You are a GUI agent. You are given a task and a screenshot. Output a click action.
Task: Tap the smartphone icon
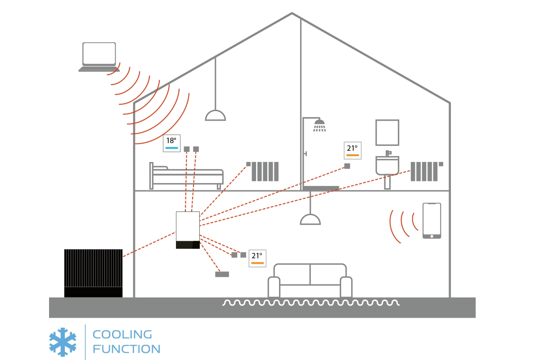[432, 220]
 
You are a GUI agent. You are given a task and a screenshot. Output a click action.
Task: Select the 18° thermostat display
[171, 143]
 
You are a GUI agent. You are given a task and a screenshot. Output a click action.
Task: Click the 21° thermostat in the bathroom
[353, 150]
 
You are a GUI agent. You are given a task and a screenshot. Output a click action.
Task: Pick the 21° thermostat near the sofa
[257, 258]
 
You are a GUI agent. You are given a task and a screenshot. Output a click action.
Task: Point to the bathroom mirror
[387, 132]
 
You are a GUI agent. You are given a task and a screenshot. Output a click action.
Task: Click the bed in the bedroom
[186, 176]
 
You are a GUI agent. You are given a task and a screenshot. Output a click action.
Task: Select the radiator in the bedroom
[265, 171]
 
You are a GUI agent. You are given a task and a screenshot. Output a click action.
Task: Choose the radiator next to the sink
[424, 171]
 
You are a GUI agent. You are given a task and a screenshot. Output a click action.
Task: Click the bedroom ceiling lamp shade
[215, 116]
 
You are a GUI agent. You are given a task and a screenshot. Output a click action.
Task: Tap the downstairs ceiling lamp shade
[310, 219]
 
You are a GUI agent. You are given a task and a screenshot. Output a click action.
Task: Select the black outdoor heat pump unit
[93, 273]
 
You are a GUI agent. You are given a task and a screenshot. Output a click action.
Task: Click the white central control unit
[188, 230]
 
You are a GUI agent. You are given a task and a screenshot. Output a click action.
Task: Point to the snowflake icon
[63, 342]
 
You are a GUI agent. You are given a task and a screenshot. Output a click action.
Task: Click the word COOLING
[122, 334]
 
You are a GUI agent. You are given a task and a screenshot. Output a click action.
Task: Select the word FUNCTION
[126, 349]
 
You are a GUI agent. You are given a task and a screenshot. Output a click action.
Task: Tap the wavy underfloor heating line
[310, 303]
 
